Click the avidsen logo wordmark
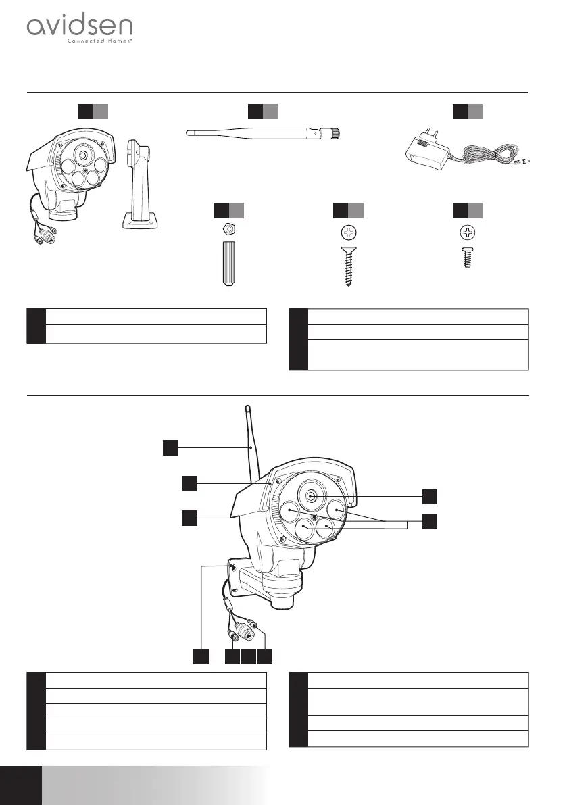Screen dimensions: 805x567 point(79,28)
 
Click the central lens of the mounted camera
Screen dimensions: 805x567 point(310,496)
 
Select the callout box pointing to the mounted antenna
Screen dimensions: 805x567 point(171,447)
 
